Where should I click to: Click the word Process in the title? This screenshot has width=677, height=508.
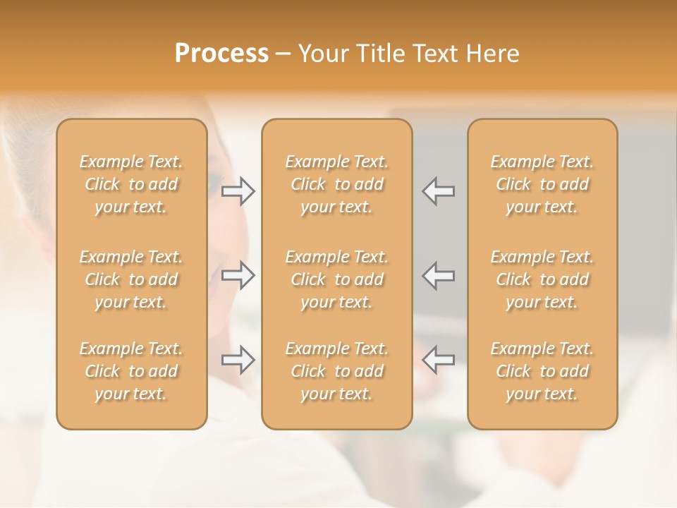tap(221, 54)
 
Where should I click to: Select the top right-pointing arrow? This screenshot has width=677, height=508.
tap(238, 191)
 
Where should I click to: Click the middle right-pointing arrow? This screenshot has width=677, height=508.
tap(238, 275)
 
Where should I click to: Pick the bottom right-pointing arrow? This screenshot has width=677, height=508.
tap(238, 360)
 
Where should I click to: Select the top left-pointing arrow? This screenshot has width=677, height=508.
tap(439, 191)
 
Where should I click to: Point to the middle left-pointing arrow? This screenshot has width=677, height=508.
tap(439, 275)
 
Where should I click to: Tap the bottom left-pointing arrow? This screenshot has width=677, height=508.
tap(439, 360)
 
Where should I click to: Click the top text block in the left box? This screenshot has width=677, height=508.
tap(131, 184)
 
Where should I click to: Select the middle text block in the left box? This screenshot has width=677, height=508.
tap(131, 279)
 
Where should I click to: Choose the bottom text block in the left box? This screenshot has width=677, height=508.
tap(131, 371)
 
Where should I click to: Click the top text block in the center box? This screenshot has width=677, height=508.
tap(337, 184)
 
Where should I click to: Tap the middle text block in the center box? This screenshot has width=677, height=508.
tap(337, 279)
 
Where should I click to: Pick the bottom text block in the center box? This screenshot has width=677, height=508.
tap(337, 371)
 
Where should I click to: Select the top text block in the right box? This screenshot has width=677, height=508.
tap(542, 184)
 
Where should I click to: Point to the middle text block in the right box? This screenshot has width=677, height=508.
tap(542, 279)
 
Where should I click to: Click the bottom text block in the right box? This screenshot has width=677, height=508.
tap(542, 371)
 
